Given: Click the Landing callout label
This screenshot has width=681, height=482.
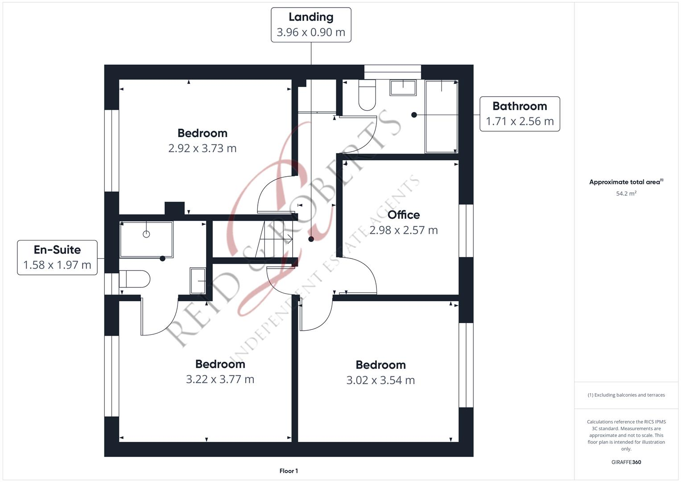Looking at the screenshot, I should (311, 17).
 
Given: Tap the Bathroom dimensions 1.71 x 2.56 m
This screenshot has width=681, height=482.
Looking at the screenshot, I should (520, 121).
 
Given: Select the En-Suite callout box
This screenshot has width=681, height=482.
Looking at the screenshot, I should (57, 257).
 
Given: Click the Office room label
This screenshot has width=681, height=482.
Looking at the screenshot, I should (404, 215).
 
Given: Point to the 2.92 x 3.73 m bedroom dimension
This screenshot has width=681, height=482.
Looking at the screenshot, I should (202, 148).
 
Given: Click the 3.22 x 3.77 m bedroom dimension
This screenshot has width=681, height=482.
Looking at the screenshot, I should (220, 379).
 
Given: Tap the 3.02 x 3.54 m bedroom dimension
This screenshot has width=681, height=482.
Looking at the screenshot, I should (380, 380).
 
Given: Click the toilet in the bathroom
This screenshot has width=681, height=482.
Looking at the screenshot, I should (367, 96).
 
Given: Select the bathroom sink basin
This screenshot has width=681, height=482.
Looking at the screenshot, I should (403, 87).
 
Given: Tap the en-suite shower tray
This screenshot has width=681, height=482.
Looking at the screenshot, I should (146, 239).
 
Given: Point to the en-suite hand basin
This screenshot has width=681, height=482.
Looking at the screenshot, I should (198, 281).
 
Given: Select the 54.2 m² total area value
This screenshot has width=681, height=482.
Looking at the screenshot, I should (626, 194).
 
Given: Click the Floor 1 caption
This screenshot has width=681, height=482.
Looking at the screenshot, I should (289, 471).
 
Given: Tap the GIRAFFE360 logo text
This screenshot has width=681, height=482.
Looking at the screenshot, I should (626, 462).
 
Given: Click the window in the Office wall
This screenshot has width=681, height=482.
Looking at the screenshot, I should (466, 231).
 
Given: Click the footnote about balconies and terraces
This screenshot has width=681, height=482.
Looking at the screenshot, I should (626, 395).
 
